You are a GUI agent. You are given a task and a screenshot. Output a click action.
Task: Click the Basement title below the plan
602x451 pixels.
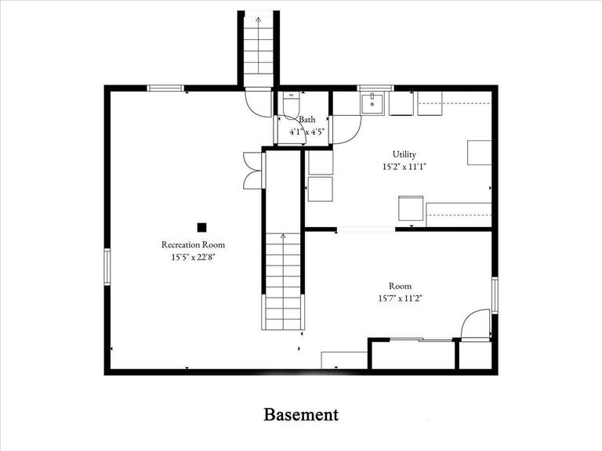point(301,414)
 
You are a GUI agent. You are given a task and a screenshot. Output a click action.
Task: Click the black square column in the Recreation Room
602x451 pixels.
point(201,227)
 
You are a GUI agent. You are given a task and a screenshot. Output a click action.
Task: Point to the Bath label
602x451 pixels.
point(306,120)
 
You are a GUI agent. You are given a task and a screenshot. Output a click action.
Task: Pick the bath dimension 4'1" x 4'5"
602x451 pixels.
point(306,132)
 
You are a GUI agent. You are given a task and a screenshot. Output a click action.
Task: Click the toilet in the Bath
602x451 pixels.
point(291,104)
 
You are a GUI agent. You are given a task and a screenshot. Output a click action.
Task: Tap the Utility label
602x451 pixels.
point(404,154)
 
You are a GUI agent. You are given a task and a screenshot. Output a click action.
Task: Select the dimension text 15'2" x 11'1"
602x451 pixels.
point(404,167)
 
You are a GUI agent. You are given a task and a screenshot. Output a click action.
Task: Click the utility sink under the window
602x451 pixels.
point(372,103)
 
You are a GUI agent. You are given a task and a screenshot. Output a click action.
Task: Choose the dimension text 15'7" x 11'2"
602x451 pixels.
point(400,298)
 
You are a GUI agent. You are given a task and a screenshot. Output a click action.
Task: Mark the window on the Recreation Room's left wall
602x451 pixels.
point(107,266)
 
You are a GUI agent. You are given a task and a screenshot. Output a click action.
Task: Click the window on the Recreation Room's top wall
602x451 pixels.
point(165,88)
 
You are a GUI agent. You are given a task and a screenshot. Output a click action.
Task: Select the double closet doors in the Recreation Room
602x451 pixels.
point(252,169)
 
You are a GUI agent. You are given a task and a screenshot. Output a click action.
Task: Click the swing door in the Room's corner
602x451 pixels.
point(475,325)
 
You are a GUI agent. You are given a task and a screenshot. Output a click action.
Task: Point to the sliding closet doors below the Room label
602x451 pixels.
point(420,339)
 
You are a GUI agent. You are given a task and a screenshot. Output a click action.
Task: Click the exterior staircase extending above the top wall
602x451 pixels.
point(259,47)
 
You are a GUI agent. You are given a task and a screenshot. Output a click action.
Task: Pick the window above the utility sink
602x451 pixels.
point(372,88)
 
